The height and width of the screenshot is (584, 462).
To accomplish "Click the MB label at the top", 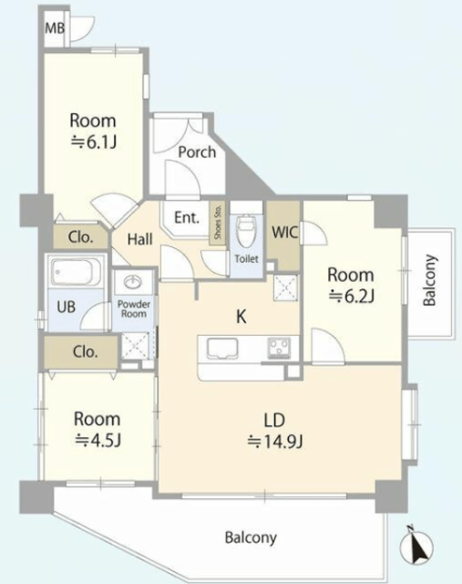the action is pyautogui.click(x=55, y=28).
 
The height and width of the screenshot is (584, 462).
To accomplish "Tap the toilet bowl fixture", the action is pyautogui.click(x=246, y=231).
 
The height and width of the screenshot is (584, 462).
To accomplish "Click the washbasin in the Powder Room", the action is pyautogui.click(x=133, y=282).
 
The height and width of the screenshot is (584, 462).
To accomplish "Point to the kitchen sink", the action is pyautogui.click(x=222, y=349).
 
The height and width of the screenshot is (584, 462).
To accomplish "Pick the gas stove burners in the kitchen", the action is pyautogui.click(x=279, y=348).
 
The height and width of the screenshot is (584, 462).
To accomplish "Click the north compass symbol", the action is pyautogui.click(x=416, y=547).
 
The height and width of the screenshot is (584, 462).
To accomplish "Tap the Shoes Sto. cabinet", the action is pyautogui.click(x=218, y=224).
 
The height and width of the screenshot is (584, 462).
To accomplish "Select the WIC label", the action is pyautogui.click(x=285, y=233).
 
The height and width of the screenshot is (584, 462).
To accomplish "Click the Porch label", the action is pyautogui.click(x=197, y=152).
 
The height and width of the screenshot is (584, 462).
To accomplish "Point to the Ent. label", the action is pyautogui.click(x=187, y=217).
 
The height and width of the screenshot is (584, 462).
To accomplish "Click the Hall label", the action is pyautogui.click(x=139, y=239).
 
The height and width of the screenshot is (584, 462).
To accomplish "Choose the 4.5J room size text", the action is pyautogui.click(x=98, y=441).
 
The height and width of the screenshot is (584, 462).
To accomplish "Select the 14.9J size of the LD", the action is pyautogui.click(x=275, y=442).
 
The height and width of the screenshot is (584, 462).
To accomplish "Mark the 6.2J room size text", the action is pyautogui.click(x=351, y=297).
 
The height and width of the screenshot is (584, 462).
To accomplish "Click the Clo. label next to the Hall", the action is pyautogui.click(x=80, y=237).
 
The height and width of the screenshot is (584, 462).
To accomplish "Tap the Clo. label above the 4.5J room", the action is pyautogui.click(x=85, y=351).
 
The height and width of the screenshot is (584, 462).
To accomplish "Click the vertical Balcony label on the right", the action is pyautogui.click(x=429, y=280).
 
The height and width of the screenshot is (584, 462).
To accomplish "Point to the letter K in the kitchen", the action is pyautogui.click(x=241, y=317).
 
